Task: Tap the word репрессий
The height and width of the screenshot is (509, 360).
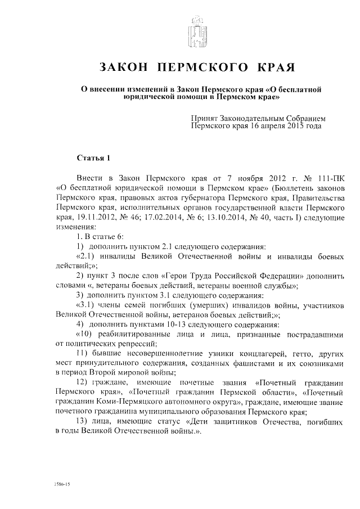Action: pos(135,344)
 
